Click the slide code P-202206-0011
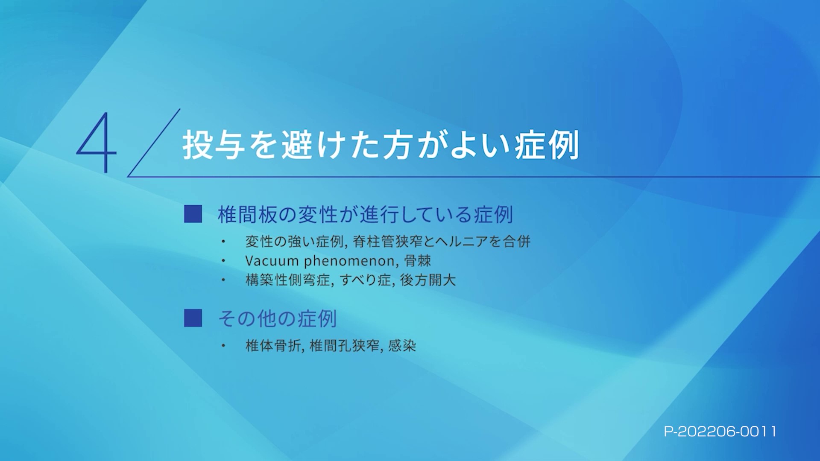point(720,432)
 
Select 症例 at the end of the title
point(547,145)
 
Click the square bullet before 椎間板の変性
point(193,214)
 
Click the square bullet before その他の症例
point(193,318)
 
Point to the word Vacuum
point(272,260)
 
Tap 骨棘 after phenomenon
point(417,260)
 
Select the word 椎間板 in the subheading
point(247,214)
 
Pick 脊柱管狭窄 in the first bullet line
point(388,242)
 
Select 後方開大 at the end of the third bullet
point(428,280)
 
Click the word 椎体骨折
point(273,345)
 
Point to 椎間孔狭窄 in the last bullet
point(344,345)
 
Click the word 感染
point(402,345)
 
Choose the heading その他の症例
point(277,318)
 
